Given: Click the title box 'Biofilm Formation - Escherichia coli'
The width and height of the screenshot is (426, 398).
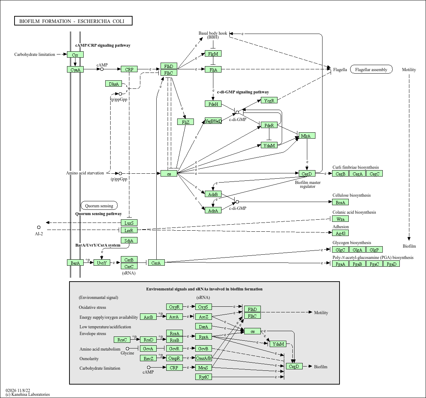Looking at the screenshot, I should tap(73, 21).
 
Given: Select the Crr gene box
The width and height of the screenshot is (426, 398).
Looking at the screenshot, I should tap(75, 55).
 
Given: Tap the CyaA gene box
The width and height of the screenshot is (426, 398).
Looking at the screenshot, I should tap(75, 70).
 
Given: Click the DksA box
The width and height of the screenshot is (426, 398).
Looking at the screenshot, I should tap(114, 84).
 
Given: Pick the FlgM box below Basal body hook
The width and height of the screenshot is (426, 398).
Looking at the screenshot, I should tap(213, 54).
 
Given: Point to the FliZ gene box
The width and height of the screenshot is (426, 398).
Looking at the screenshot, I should tap(185, 122).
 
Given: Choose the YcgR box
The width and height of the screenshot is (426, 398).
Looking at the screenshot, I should tap(269, 100).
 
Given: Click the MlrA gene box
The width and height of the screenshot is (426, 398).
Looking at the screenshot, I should tap(307, 136).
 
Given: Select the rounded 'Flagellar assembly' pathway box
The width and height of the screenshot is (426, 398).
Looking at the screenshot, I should tap(371, 69).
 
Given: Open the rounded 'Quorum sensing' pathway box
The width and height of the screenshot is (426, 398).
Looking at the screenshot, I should tap(99, 206).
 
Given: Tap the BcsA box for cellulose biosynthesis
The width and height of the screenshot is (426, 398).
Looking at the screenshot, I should tap(340, 202).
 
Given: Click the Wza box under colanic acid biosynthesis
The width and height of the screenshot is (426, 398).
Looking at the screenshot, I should tap(340, 219).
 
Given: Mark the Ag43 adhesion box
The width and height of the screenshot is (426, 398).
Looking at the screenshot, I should tap(340, 233).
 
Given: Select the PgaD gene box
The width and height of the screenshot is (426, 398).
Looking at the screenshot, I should tap(391, 264).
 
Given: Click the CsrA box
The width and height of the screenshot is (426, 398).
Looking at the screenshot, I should tap(156, 263).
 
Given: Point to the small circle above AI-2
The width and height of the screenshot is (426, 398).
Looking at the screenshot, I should tap(39, 227).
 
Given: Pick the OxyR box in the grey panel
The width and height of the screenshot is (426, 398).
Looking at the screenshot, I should tap(174, 307).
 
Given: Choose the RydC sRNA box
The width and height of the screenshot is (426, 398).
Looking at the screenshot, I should tap(203, 377).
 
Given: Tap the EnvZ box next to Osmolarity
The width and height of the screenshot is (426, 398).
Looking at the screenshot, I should tap(148, 358).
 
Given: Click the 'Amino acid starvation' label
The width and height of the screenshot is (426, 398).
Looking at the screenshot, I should tap(85, 173).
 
